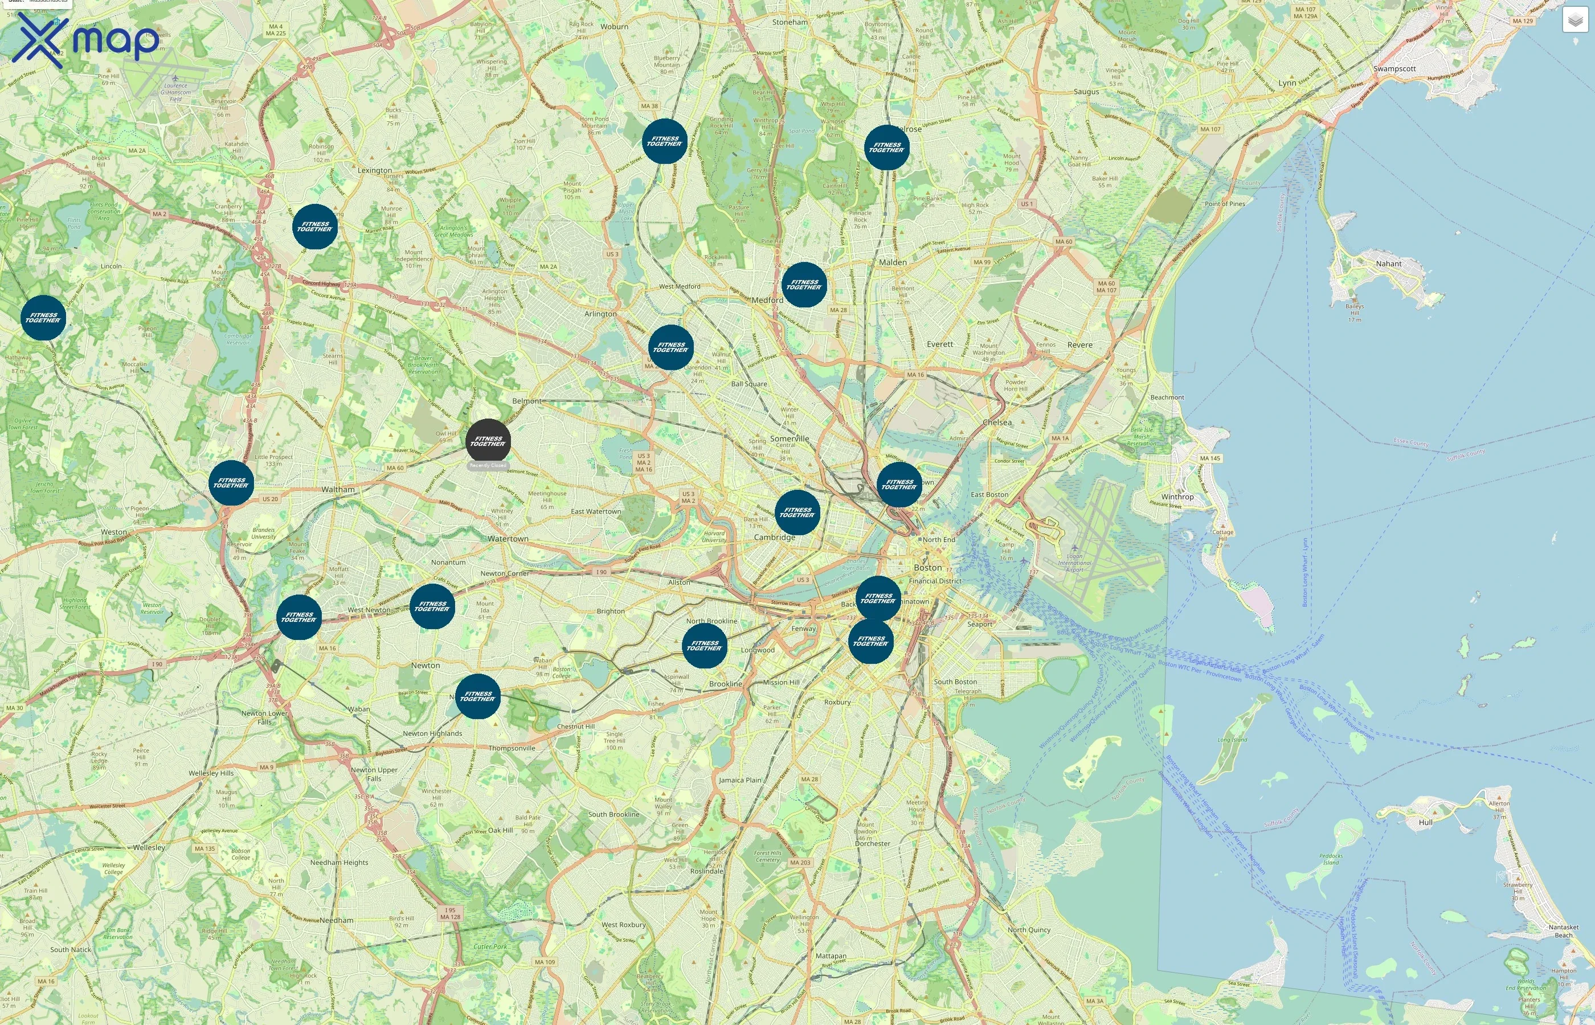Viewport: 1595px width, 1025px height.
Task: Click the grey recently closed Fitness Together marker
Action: (488, 441)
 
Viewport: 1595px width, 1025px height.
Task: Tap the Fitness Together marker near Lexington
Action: (315, 227)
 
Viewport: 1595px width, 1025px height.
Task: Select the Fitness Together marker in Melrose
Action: (887, 147)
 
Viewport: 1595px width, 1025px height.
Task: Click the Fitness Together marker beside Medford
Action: (804, 285)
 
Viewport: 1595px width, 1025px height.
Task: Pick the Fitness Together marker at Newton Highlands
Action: (477, 696)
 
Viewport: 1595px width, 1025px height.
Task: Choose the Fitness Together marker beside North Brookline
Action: (704, 646)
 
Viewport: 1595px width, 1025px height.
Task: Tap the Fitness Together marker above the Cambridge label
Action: (797, 512)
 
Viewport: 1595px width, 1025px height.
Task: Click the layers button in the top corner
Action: (1574, 20)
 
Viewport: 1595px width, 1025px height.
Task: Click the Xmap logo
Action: (85, 40)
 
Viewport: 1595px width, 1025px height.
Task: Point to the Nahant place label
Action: (1388, 264)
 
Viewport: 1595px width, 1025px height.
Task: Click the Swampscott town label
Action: (1394, 68)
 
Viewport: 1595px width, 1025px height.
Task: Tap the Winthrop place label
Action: (1177, 497)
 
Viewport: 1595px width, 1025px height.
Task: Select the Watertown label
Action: (508, 539)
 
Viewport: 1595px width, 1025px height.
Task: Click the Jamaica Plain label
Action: (739, 780)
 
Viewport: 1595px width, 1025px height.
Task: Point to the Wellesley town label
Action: (149, 847)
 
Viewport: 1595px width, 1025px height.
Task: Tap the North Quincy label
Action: (1029, 930)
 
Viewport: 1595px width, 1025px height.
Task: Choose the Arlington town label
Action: (600, 314)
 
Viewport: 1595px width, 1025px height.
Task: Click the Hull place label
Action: (1425, 822)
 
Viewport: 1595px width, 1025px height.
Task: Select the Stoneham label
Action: (790, 22)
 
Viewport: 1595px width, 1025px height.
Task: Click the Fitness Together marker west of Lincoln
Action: (43, 318)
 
